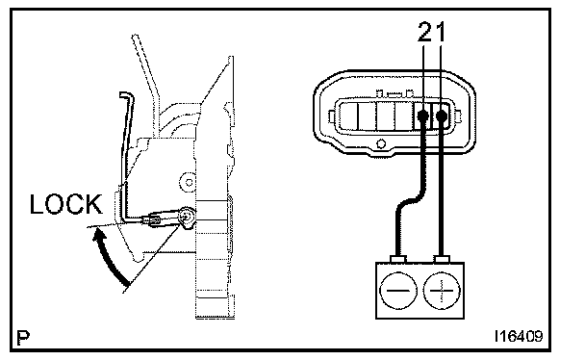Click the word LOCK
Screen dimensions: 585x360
click(x=66, y=204)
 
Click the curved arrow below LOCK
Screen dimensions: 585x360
click(x=107, y=257)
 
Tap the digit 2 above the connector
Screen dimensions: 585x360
click(x=426, y=32)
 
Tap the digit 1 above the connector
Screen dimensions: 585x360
click(x=441, y=32)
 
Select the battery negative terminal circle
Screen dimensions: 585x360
click(x=398, y=291)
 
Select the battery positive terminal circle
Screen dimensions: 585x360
click(x=442, y=291)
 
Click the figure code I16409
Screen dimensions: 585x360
click(x=519, y=337)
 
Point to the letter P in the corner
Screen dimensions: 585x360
click(x=23, y=338)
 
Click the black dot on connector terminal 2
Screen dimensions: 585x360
click(x=422, y=116)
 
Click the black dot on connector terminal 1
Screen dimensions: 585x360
click(x=442, y=116)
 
